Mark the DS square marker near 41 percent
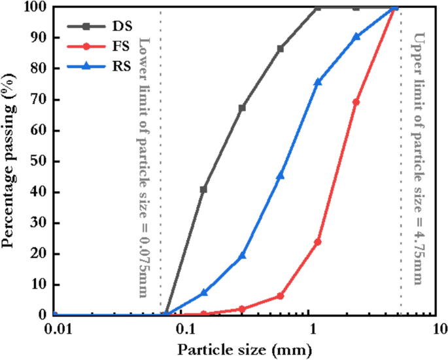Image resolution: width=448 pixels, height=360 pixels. (x=203, y=189)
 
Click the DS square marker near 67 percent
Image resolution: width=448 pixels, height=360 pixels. (x=242, y=107)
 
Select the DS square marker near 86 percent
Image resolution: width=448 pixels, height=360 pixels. (x=281, y=48)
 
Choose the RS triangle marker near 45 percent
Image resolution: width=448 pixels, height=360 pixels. (x=281, y=175)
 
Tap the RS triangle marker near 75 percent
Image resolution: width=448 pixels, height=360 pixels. (x=318, y=82)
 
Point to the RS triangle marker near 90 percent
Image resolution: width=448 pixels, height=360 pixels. (x=356, y=37)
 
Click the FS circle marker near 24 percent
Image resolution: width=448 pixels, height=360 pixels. (x=318, y=242)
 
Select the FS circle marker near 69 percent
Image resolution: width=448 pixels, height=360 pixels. (x=356, y=102)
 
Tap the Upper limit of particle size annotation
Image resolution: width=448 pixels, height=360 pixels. (x=416, y=160)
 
